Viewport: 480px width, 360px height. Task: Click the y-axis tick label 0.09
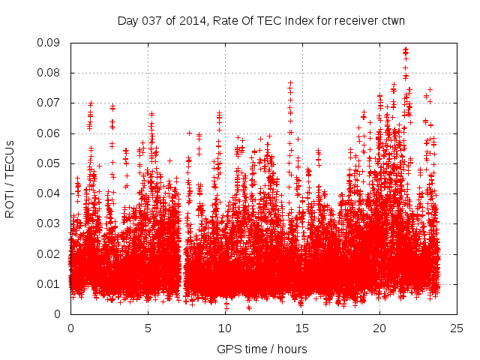(x=53, y=43)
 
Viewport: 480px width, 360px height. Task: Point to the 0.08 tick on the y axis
(x=53, y=73)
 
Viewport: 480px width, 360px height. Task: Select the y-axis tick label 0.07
(x=53, y=103)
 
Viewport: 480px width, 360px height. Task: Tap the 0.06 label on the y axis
(x=53, y=133)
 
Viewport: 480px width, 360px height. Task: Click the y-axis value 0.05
(x=53, y=163)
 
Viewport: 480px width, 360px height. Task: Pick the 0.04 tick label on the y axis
(x=53, y=193)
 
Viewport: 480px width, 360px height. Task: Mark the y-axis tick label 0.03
(x=53, y=223)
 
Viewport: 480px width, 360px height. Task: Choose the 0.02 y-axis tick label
(x=53, y=253)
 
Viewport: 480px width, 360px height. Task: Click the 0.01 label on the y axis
(x=53, y=283)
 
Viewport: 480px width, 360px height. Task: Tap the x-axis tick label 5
(x=148, y=328)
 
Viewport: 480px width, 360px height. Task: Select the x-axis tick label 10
(x=225, y=328)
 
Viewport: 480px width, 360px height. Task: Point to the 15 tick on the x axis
(x=302, y=328)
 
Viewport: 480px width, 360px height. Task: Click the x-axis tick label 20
(x=379, y=328)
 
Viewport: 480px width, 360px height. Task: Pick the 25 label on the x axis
(x=457, y=328)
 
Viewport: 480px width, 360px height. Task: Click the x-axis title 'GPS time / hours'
(x=262, y=349)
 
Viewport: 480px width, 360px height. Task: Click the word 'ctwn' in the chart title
(x=391, y=20)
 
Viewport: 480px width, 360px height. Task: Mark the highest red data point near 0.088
(x=406, y=49)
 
